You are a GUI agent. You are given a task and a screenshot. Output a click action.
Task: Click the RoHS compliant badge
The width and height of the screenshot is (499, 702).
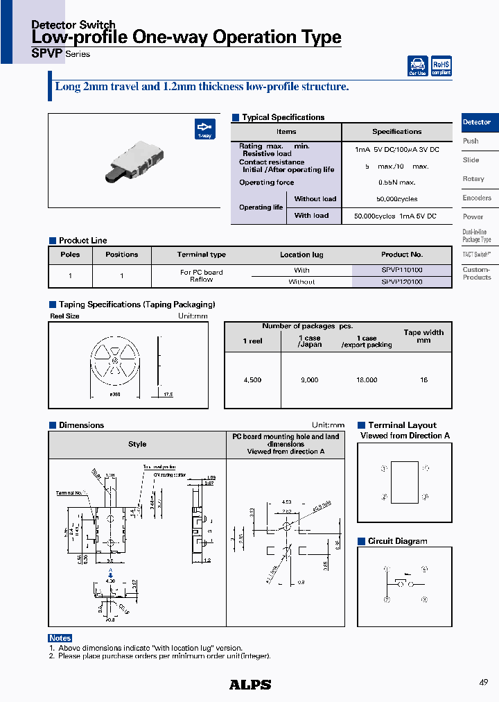[x=441, y=66]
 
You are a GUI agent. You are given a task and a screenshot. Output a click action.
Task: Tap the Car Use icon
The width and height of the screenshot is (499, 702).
[x=418, y=66]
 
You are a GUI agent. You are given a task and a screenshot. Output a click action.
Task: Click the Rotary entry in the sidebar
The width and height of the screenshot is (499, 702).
[x=473, y=179]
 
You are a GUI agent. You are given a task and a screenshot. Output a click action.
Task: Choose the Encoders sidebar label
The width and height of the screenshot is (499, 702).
[x=477, y=198]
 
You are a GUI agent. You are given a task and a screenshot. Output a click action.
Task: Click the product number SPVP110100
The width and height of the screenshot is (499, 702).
[x=402, y=270]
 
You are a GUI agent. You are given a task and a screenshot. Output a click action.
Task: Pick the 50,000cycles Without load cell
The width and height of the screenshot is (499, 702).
[x=396, y=199]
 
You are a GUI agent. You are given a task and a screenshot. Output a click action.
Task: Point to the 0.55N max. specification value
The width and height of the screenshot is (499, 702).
[x=396, y=182]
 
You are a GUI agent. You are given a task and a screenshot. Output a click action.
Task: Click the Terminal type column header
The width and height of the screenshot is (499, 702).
[x=201, y=255]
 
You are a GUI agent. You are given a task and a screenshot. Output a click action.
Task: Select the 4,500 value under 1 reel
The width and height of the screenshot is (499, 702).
[x=252, y=380]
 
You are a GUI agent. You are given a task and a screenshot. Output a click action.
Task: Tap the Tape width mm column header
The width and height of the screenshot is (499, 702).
[x=423, y=336]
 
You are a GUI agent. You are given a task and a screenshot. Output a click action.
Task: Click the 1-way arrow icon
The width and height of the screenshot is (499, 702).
[x=204, y=130]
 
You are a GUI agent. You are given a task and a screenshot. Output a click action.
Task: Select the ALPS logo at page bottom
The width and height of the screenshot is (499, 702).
[x=250, y=685]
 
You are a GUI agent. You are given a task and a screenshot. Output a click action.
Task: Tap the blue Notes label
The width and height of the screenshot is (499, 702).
[x=60, y=638]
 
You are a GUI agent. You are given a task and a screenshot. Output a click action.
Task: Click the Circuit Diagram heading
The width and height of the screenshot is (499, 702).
[x=397, y=541]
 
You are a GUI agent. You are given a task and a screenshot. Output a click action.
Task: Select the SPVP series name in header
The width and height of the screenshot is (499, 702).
[x=48, y=53]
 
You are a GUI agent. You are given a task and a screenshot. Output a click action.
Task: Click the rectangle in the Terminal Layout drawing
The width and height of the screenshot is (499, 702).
[x=405, y=482]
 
